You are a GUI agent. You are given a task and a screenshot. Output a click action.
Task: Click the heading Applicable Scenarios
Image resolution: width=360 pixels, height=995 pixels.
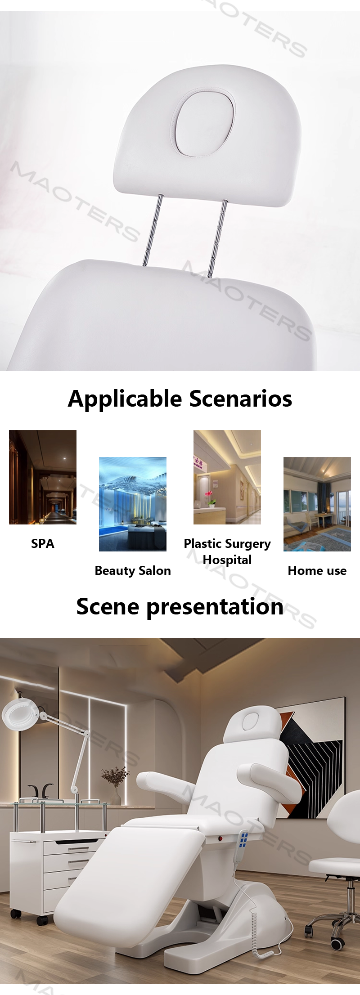click(x=180, y=399)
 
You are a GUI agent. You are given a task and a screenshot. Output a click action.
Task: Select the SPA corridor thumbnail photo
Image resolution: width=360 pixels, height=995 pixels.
click(x=43, y=477)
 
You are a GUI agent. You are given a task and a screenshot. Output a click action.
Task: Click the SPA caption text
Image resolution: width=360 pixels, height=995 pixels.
click(x=43, y=543)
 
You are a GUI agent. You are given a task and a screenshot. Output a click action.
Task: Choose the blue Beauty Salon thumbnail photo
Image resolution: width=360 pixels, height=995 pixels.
click(x=133, y=504)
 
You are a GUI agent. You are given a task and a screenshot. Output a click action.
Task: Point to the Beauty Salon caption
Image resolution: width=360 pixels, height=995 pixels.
click(x=133, y=570)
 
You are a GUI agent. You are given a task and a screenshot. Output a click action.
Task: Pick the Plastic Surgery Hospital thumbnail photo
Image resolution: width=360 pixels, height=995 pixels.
click(x=227, y=477)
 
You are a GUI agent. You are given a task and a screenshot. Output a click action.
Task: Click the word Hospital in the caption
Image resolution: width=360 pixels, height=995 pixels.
click(x=227, y=560)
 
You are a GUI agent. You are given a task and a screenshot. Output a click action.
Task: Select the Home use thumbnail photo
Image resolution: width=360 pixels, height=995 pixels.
click(x=317, y=504)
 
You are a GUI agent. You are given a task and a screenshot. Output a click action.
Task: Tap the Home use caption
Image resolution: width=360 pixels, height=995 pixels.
click(x=317, y=570)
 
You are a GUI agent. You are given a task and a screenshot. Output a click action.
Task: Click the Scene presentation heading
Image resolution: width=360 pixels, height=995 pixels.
click(x=180, y=606)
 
